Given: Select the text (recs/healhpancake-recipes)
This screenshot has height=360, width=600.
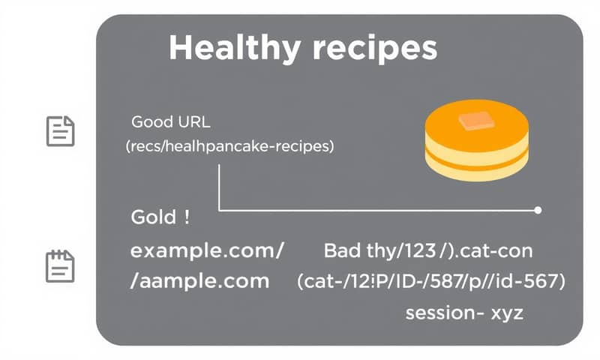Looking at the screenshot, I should pos(229,147).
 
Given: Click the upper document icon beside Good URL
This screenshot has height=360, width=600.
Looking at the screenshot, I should pos(61,131).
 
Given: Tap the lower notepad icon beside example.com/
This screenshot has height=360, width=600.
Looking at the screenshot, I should pos(61,265).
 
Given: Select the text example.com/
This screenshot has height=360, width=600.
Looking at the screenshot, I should pos(207,251).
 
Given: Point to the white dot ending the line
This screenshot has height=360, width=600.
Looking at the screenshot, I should pos(538,211).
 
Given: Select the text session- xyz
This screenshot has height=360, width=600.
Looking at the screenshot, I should pos(463,313).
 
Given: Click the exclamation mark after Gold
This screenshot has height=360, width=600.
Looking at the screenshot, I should pos(185,218).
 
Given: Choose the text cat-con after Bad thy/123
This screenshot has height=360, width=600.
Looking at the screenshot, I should pos(495,250).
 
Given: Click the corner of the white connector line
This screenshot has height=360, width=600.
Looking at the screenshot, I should pos(219,210).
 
